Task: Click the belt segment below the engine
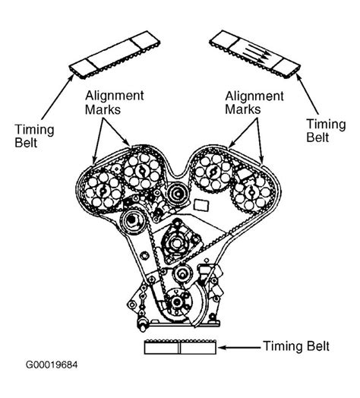pos(179,349)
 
